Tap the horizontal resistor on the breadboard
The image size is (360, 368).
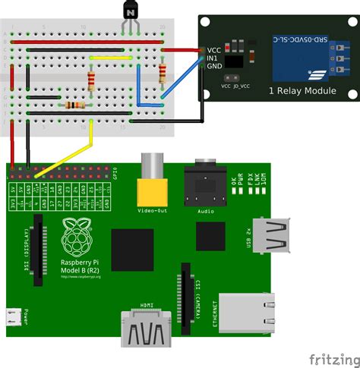coord(74,105)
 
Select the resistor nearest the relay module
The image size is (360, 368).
coord(163,73)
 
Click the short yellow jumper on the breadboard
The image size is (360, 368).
coord(109,56)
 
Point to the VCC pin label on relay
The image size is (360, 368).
coord(214,50)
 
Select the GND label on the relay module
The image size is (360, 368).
coord(214,66)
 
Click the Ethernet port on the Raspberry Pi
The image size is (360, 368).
coord(247,311)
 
